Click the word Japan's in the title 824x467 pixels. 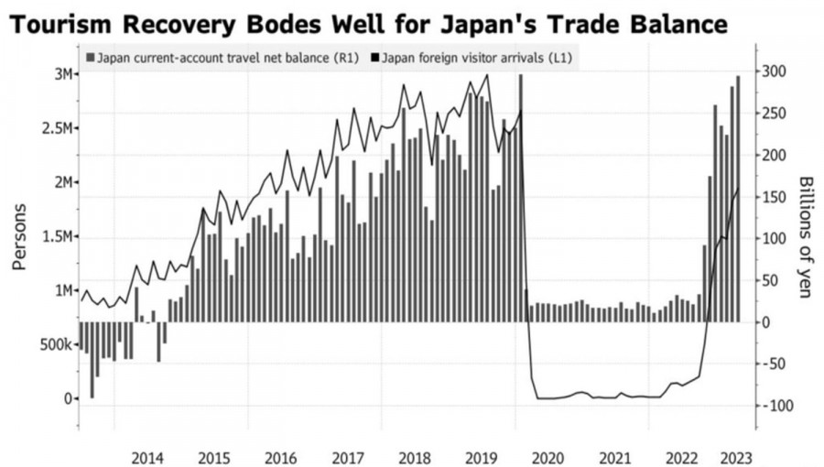coord(521,22)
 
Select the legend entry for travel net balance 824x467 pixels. coord(220,59)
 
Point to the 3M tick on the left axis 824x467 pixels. coord(61,74)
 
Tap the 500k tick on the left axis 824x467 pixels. coord(57,345)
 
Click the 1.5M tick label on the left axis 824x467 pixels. coord(57,237)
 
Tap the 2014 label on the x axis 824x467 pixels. coord(147,457)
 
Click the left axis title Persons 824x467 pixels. coord(19,235)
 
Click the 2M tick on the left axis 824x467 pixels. coord(61,182)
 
